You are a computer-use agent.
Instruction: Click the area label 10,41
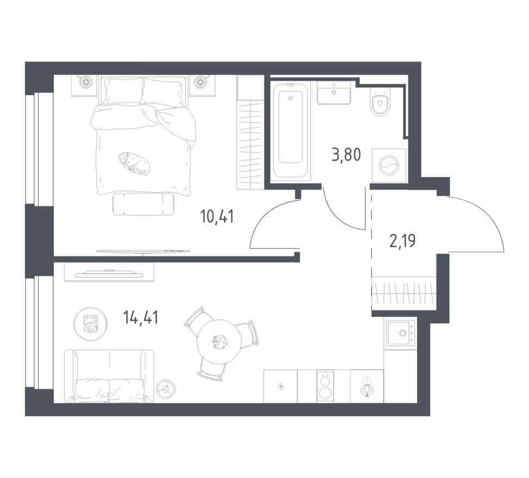click(216, 217)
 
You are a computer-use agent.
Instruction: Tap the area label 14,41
click(140, 318)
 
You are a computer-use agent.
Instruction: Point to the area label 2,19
click(402, 240)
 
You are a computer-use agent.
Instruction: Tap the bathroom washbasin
click(333, 93)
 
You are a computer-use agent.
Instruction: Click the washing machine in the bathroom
click(389, 165)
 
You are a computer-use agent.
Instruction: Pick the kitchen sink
click(400, 332)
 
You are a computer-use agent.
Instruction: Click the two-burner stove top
click(325, 387)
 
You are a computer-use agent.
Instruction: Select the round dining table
click(219, 341)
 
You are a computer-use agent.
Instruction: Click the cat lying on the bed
click(134, 162)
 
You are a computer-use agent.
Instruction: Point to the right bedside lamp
click(201, 82)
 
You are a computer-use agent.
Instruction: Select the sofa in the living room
click(109, 376)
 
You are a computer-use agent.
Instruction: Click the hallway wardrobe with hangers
click(403, 293)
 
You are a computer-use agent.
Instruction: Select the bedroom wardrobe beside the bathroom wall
click(250, 133)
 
